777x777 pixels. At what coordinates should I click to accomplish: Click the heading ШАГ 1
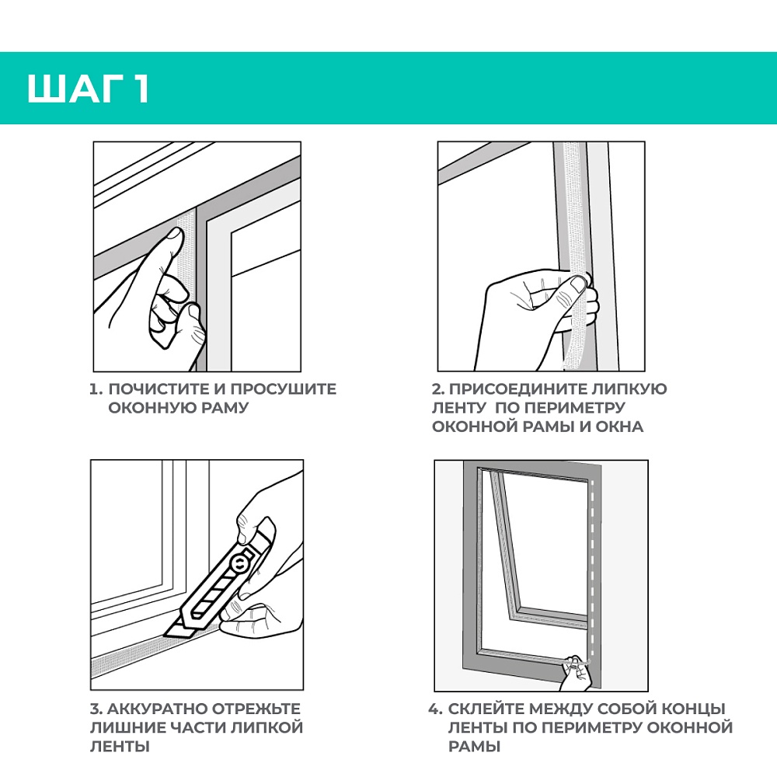89,89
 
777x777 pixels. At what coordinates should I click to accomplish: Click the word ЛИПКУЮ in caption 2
630,389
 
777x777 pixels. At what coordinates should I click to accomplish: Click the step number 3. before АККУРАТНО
96,709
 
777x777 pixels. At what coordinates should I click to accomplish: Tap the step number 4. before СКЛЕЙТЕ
436,709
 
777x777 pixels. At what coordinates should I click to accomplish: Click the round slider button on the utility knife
239,563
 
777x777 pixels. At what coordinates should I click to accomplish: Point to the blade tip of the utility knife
163,635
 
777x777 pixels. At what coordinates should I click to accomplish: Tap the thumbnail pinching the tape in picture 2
578,284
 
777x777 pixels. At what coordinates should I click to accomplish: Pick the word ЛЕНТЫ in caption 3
120,746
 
